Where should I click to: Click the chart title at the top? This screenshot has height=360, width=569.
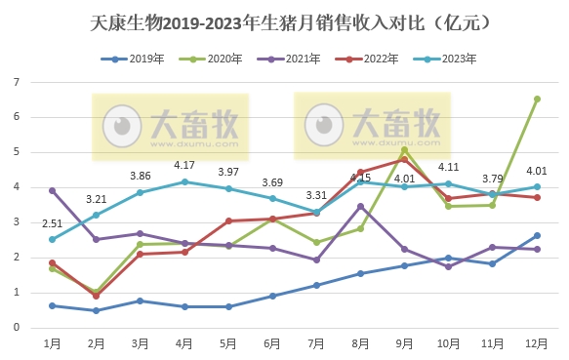(284, 20)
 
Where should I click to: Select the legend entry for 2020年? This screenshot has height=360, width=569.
(215, 59)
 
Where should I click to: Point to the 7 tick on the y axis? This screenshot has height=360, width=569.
(17, 82)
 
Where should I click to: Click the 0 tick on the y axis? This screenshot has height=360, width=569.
(17, 328)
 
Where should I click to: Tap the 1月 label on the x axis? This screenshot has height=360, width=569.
(52, 344)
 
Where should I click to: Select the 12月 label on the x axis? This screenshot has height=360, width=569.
(537, 344)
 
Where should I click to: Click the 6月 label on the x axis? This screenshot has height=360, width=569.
(272, 344)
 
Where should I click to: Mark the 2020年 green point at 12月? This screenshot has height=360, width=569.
(537, 99)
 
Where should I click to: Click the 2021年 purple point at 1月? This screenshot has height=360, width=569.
(52, 190)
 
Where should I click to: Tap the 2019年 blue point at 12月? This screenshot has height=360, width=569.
(537, 235)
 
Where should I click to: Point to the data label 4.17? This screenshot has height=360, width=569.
(184, 165)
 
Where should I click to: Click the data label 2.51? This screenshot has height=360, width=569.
(52, 223)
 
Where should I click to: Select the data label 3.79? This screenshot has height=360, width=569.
(493, 178)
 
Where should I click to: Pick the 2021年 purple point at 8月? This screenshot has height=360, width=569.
(361, 206)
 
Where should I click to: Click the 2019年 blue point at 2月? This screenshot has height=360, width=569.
(96, 310)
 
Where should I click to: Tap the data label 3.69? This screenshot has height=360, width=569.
(272, 181)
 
